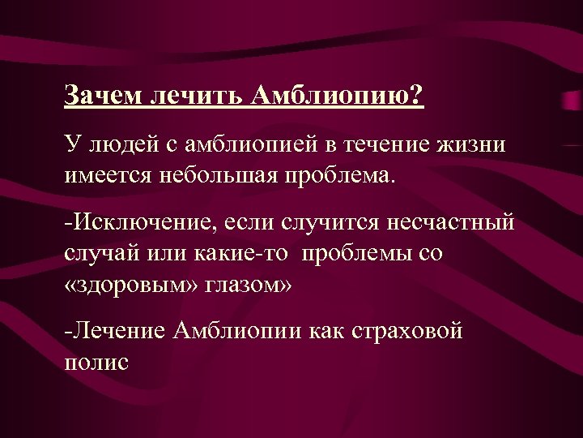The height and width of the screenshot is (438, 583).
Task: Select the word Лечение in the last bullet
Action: pos(121,331)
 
